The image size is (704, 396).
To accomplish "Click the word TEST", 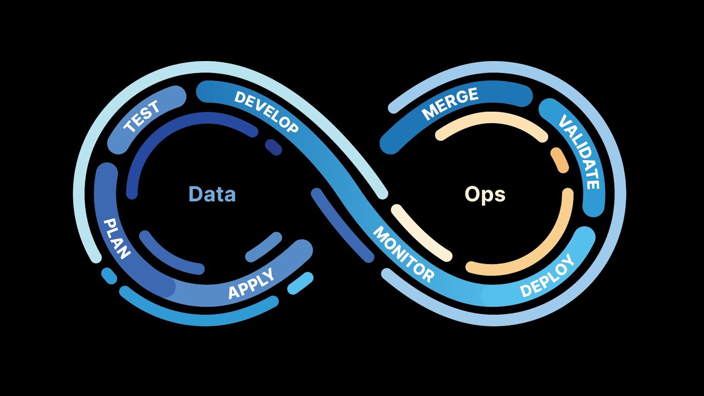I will coord(142,117).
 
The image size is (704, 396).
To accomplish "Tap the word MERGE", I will coord(450,103).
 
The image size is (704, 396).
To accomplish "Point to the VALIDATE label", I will coord(579,152).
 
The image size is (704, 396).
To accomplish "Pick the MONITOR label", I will coord(403,254).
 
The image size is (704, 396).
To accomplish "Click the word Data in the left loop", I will coord(212,194).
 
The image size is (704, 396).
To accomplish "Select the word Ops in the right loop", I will coord(485,194).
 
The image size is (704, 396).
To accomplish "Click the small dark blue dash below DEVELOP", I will coord(273,147).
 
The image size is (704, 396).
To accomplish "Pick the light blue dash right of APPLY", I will coord(300,283).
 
